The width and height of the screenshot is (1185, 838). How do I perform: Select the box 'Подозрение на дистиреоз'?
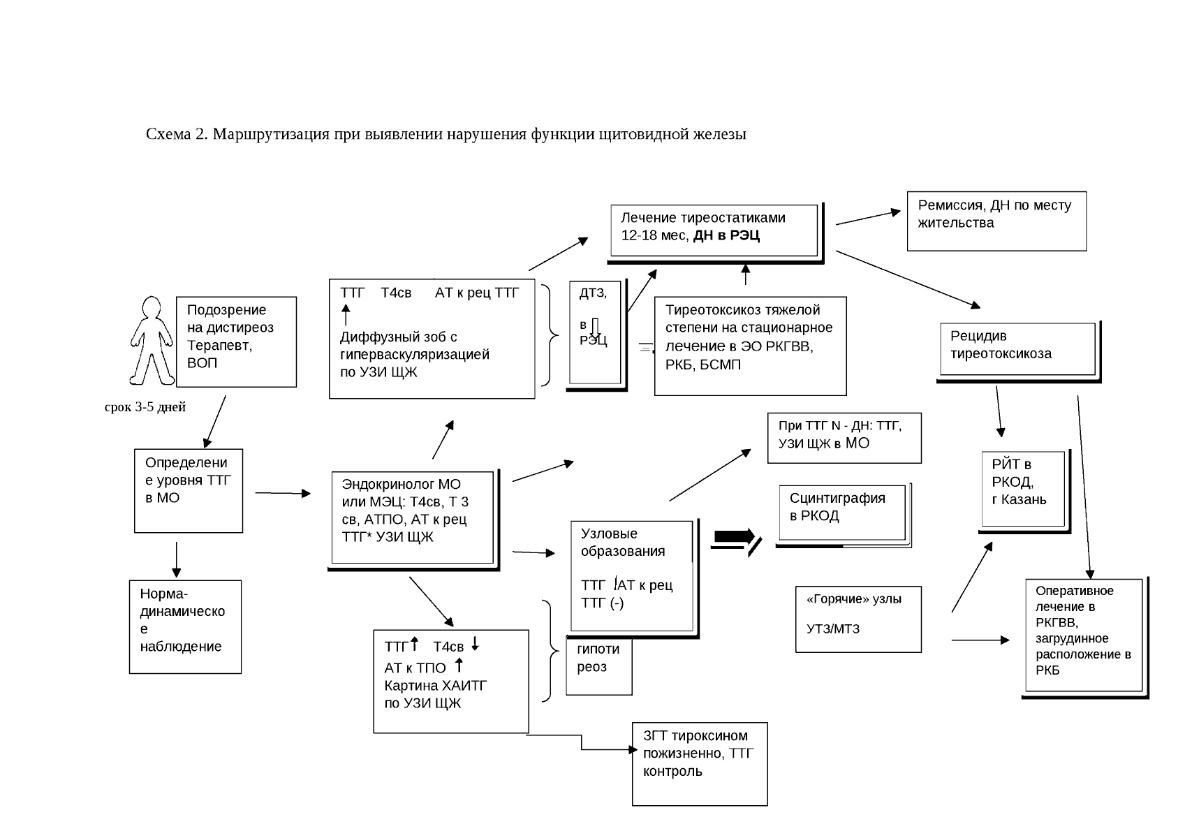236,341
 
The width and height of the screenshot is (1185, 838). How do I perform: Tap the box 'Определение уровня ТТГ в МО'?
189,490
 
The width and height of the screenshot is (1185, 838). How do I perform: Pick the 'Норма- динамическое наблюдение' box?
185,626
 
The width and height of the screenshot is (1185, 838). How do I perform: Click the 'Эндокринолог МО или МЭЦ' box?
412,517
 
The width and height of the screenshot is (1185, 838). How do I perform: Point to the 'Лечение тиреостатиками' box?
714,230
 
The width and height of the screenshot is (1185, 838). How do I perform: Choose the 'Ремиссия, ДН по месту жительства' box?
996,221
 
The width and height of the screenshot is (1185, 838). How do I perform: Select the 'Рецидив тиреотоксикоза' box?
1017,349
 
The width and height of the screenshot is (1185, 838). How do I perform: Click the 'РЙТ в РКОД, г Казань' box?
1023,489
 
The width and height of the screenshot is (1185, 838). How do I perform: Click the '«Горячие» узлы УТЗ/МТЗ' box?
858,619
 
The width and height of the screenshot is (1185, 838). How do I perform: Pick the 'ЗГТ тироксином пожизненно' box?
700,763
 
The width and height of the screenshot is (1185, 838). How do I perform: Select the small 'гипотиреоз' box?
598,666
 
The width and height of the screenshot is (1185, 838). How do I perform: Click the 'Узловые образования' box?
633,576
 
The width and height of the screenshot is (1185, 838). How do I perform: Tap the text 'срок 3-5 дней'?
145,407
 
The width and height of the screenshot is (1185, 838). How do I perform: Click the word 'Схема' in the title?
168,133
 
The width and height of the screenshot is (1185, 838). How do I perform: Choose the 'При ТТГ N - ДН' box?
844,438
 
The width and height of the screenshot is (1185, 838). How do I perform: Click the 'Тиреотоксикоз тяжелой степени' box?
750,346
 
